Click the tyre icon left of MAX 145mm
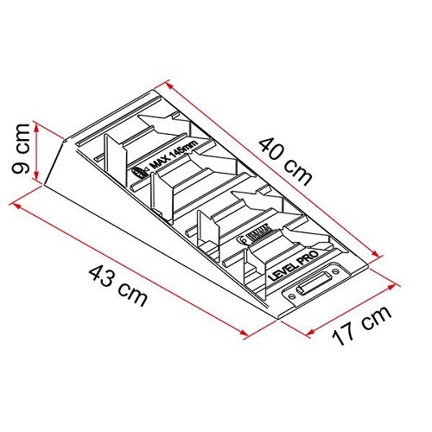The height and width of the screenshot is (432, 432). click(138, 172)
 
